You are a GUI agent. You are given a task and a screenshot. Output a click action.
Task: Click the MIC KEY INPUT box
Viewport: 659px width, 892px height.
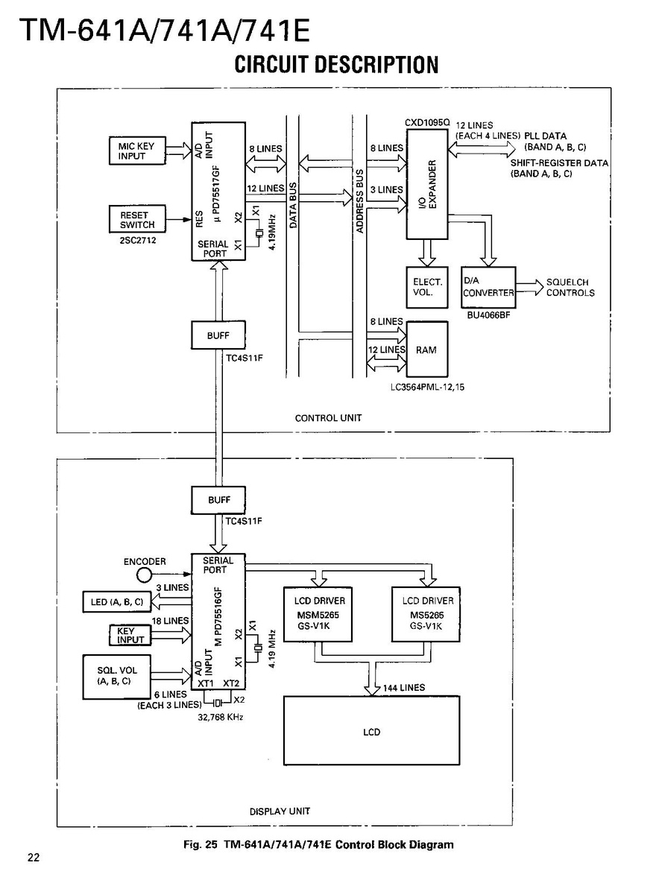[x=136, y=151]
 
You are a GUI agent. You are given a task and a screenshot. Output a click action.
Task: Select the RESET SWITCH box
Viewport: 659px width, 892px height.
[x=137, y=220]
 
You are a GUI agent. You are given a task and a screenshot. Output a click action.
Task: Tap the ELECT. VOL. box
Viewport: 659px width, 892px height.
[x=428, y=288]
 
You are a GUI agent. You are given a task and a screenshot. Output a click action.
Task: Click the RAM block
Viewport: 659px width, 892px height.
[x=426, y=349]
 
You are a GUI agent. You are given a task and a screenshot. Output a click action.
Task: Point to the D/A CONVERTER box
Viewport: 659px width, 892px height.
[x=488, y=288]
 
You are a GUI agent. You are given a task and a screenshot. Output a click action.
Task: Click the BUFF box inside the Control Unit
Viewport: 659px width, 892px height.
[x=218, y=335]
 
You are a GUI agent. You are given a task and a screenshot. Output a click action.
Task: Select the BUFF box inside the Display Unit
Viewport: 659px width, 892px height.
[x=218, y=500]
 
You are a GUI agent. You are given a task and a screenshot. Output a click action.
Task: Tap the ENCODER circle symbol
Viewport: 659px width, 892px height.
[x=145, y=575]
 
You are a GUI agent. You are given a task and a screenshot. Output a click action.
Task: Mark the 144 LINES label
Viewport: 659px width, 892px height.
[x=403, y=688]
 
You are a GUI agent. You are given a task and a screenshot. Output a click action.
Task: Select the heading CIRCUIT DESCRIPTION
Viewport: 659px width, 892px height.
[x=336, y=65]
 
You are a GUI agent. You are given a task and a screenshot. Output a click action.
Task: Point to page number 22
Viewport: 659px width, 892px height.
[x=34, y=857]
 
